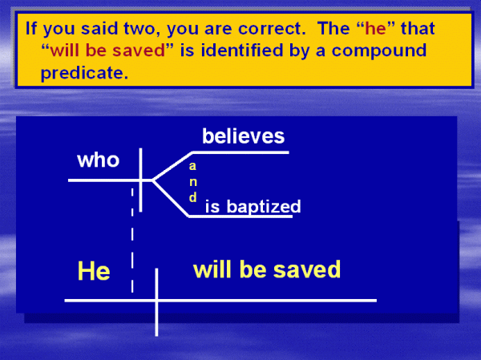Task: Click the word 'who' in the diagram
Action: point(98,160)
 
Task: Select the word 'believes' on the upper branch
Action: point(243,136)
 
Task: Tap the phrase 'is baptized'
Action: point(253,206)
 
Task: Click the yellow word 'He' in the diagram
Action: point(94,271)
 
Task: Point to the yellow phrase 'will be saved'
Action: point(267,269)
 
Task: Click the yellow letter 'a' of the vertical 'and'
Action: point(192,166)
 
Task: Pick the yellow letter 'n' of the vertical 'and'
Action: point(193,182)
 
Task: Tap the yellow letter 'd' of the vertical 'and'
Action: point(192,197)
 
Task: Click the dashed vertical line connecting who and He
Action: point(132,240)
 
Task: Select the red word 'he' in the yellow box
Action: point(375,29)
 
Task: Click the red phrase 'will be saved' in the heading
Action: point(107,51)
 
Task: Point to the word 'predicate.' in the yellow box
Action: point(84,73)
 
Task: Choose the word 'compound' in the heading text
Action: point(379,51)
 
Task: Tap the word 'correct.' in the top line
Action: point(272,29)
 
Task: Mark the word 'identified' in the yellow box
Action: point(242,50)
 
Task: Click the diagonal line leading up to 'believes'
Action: point(172,166)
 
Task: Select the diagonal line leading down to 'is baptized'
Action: point(171,198)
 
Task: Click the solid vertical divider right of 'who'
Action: point(140,180)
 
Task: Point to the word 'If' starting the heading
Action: point(31,28)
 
